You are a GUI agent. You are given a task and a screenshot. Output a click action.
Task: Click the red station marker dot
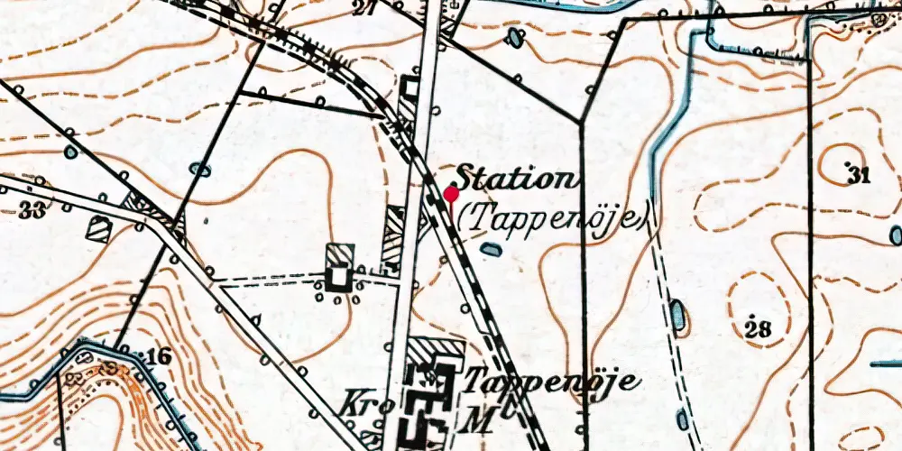pos(451,194)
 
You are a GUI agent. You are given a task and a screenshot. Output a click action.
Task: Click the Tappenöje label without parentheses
pos(552,381)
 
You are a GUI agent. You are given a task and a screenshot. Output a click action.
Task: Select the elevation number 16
pos(158,357)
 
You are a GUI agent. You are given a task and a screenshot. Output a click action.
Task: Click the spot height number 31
pos(858,174)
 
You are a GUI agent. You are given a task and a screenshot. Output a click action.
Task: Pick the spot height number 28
pos(759,328)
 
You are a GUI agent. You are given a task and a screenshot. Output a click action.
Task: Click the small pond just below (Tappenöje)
pos(490,248)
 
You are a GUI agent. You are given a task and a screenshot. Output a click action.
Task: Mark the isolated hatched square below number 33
pos(99,229)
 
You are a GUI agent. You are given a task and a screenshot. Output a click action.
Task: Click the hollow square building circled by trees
pos(338,277)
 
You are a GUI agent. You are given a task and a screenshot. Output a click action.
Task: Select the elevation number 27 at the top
pos(364,10)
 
